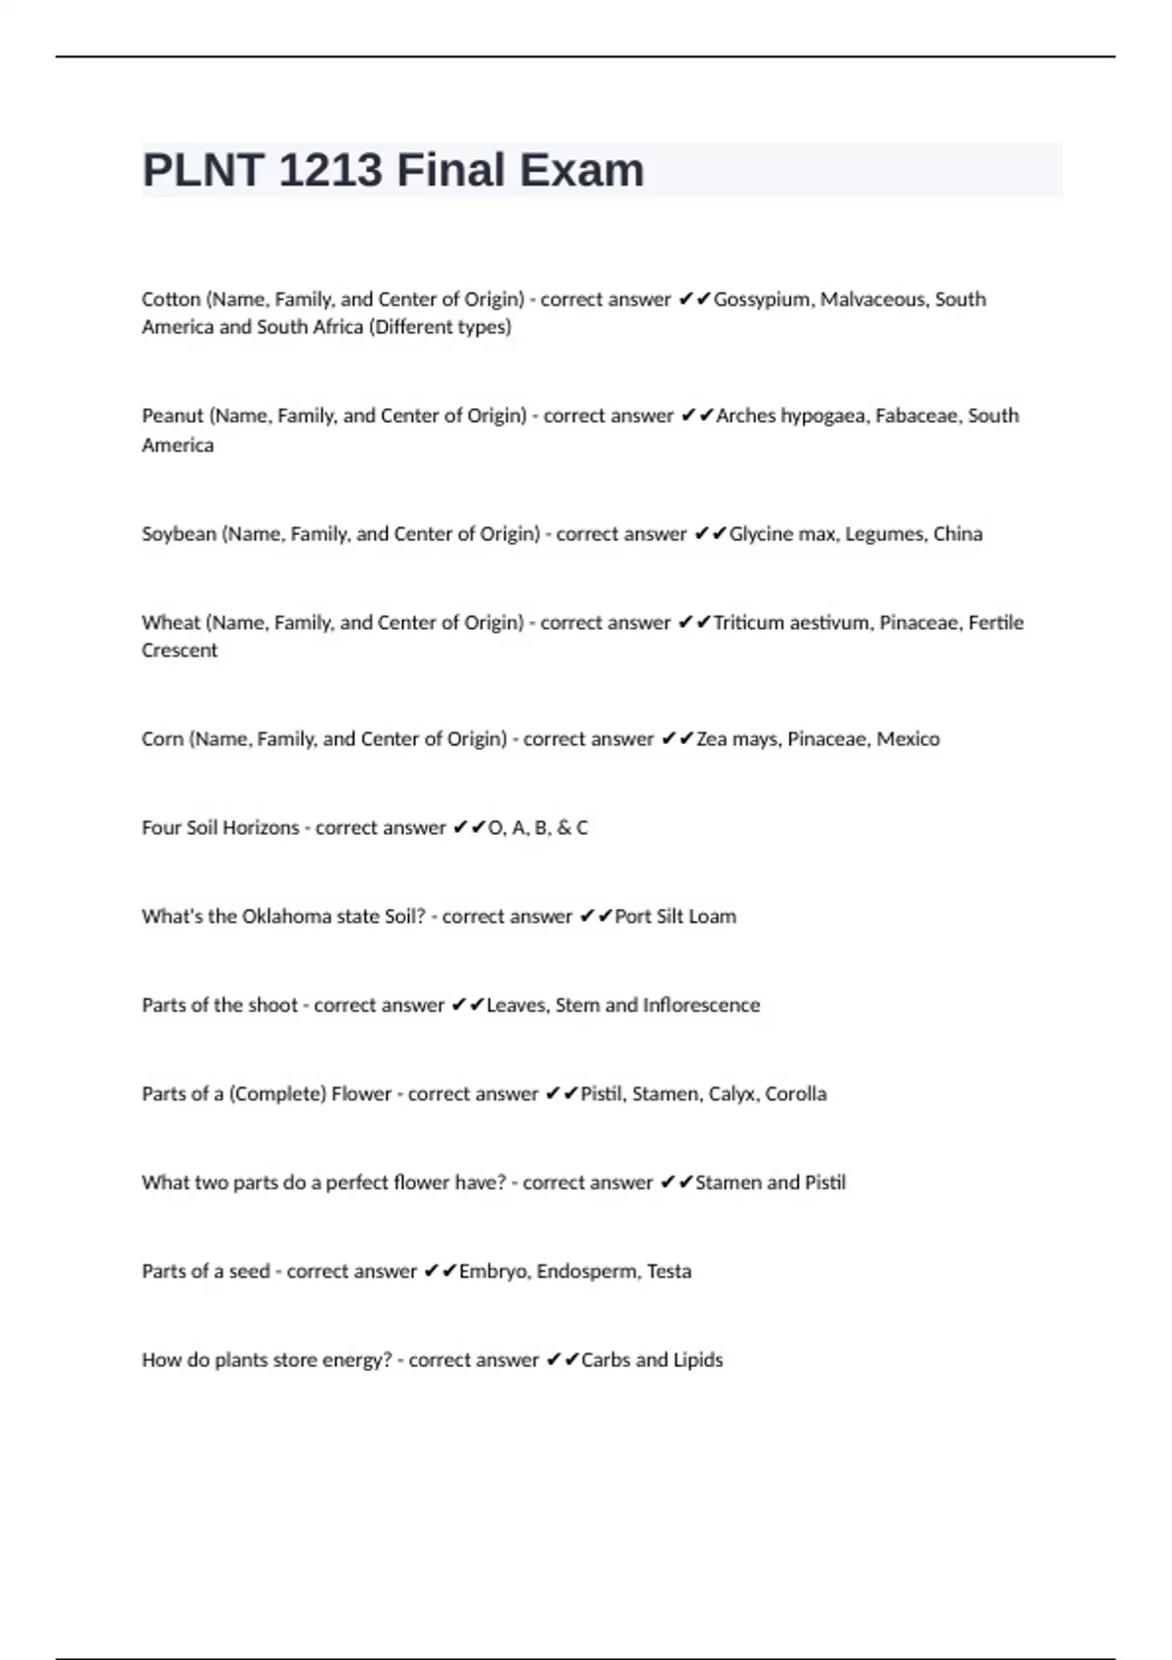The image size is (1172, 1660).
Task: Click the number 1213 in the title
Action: [330, 171]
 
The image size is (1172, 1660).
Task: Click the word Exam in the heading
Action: [581, 171]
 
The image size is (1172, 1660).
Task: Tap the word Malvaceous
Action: [872, 300]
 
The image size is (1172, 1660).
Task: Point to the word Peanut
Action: [172, 416]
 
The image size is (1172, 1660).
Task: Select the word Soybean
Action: [179, 534]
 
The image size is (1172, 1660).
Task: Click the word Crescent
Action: [180, 650]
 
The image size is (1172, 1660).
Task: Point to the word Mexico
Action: [907, 739]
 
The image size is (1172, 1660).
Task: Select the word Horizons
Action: [261, 828]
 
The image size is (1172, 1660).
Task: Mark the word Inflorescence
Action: [700, 1006]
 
